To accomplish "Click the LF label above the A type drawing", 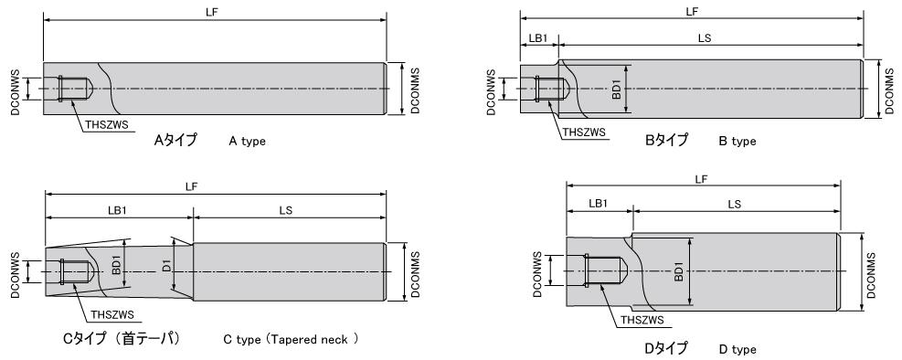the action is pos(212,12).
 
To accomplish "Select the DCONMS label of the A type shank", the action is pos(415,90).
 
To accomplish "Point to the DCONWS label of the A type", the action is pos(16,92).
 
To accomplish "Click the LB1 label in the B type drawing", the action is pos(538,38).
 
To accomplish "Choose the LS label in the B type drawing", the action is pos(705,38).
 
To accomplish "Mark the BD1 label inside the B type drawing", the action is pos(616,90).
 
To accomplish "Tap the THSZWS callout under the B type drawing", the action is pos(584,132).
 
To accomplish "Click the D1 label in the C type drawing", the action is pos(166,266).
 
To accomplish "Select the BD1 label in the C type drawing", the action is pos(116,265).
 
